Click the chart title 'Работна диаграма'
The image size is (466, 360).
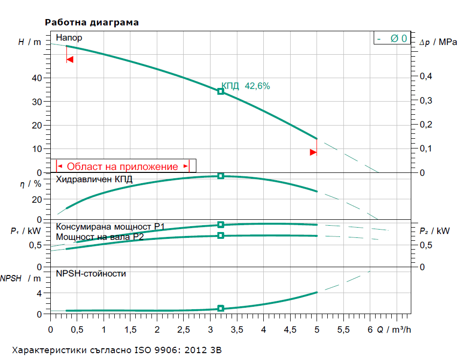[92, 22]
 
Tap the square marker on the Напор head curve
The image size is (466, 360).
[220, 91]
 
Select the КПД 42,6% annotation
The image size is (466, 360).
[246, 86]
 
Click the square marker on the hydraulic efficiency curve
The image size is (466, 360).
[220, 176]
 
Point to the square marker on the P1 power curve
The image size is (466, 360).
[220, 225]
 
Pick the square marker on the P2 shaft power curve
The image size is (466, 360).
[220, 235]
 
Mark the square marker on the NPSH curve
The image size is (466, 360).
[220, 308]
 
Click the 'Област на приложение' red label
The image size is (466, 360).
[122, 167]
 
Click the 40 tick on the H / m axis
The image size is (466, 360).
[37, 78]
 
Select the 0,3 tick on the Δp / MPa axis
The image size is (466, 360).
[426, 101]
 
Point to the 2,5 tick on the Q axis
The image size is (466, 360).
[184, 330]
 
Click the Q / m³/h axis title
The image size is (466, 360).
[394, 330]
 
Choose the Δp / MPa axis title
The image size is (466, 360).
[439, 42]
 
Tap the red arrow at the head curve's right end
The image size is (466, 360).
[313, 152]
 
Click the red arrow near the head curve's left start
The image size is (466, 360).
[70, 60]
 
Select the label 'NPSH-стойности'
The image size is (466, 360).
[91, 274]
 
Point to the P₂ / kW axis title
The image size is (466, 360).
[435, 231]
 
